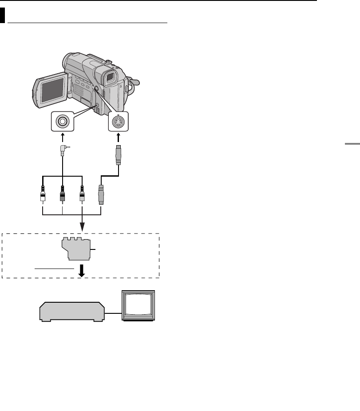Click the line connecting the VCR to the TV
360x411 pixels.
(x=113, y=312)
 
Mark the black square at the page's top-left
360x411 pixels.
(x=3, y=16)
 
